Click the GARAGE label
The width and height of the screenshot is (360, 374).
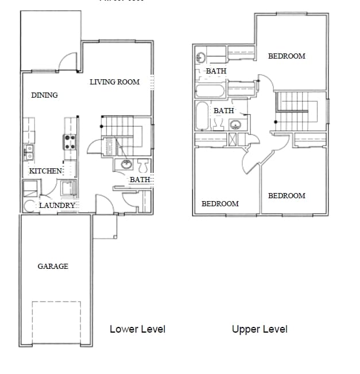pyautogui.click(x=53, y=266)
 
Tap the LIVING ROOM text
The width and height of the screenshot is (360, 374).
pyautogui.click(x=114, y=82)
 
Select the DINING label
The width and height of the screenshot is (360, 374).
pyautogui.click(x=44, y=95)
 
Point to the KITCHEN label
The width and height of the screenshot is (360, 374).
pyautogui.click(x=45, y=171)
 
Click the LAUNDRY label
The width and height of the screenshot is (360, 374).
pyautogui.click(x=57, y=205)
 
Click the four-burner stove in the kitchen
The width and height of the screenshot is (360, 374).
pyautogui.click(x=70, y=142)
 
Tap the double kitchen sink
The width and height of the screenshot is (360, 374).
pyautogui.click(x=28, y=152)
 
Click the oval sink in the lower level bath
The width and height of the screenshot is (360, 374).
pyautogui.click(x=126, y=165)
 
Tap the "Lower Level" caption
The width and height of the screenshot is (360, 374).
pyautogui.click(x=137, y=329)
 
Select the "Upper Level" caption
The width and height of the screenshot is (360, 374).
pyautogui.click(x=260, y=329)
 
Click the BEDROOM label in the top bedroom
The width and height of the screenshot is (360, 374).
pyautogui.click(x=287, y=56)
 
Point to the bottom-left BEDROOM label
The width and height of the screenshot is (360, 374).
pyautogui.click(x=220, y=203)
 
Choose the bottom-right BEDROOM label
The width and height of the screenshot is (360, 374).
pyautogui.click(x=287, y=195)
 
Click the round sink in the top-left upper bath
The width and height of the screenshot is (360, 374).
pyautogui.click(x=201, y=57)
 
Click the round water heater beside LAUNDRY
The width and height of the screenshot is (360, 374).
pyautogui.click(x=30, y=206)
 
